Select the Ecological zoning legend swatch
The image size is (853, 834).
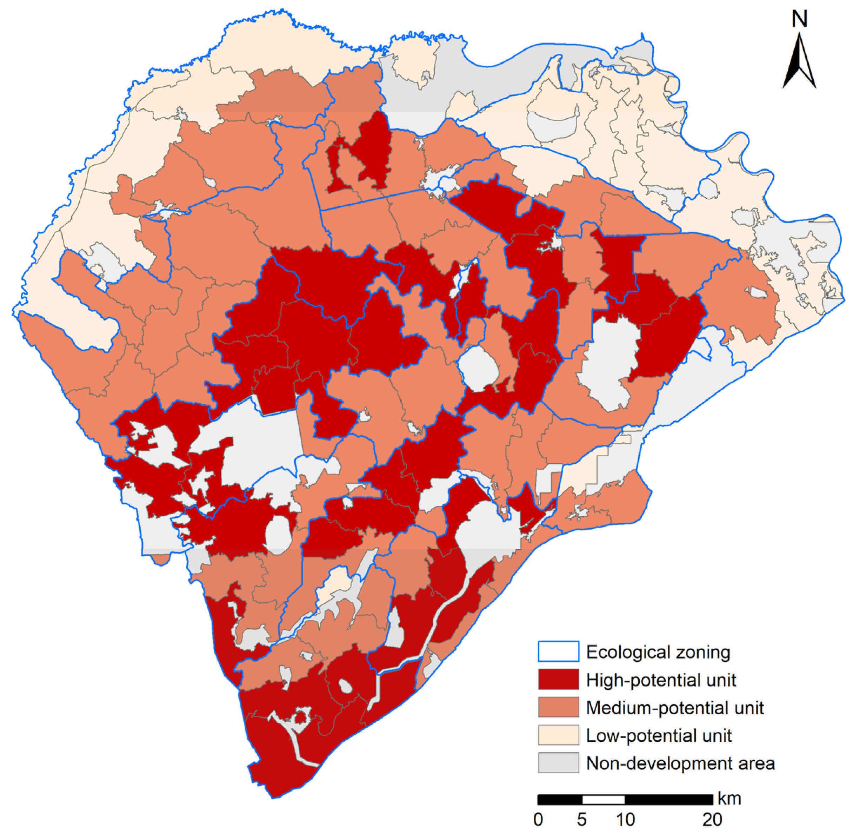[558, 651]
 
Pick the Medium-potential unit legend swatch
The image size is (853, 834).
[558, 707]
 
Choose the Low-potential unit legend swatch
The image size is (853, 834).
[558, 735]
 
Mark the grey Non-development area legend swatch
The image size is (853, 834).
[558, 763]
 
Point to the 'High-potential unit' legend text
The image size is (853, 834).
[661, 680]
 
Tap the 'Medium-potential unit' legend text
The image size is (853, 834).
[675, 707]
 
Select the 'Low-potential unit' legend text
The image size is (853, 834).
[659, 735]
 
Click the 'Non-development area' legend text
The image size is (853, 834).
[680, 763]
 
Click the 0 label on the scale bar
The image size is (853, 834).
[538, 818]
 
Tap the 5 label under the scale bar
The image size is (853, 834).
[581, 818]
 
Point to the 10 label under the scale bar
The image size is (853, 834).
[625, 818]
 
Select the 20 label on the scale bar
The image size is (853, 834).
[712, 818]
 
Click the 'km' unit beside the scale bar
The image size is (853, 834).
[729, 799]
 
